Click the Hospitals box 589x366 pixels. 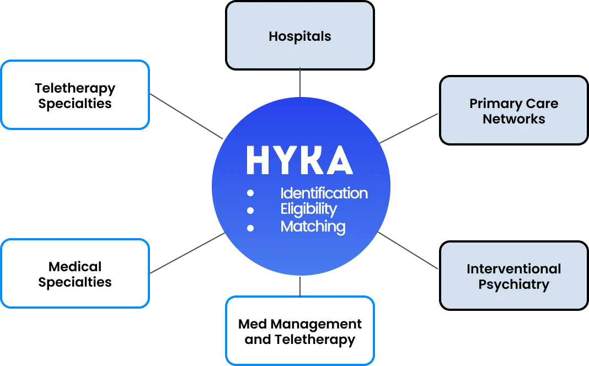(300, 36)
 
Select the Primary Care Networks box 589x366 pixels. (513, 111)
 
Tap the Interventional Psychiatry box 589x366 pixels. (513, 276)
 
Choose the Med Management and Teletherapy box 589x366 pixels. (300, 331)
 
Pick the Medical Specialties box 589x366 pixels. (75, 274)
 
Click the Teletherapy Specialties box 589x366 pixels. (75, 95)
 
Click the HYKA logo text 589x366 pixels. (299, 160)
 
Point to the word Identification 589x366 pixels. (324, 193)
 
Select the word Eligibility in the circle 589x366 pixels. (308, 209)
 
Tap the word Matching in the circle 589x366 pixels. (313, 227)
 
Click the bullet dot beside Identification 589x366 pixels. (250, 193)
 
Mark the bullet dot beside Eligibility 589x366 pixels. (250, 210)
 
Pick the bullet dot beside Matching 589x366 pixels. (250, 227)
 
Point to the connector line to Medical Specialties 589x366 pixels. (186, 254)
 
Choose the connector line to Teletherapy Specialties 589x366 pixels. (186, 115)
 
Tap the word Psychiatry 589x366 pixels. (513, 284)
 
